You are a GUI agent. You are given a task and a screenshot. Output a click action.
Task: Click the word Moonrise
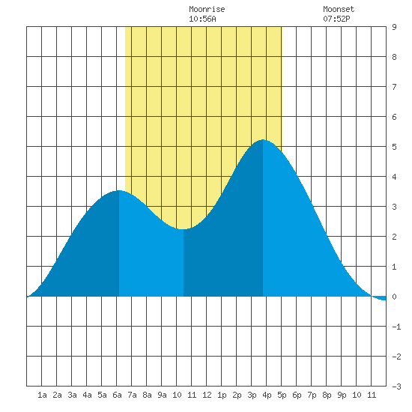coord(207,9)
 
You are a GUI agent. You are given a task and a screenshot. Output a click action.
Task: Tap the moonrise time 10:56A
coord(202,19)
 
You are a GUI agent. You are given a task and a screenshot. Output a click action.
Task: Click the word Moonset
coord(339,9)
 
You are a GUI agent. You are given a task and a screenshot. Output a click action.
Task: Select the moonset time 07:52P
coord(336,19)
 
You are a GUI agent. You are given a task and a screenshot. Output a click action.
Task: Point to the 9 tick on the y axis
coord(394,27)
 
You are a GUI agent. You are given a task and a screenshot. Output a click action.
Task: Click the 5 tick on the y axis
coord(394,147)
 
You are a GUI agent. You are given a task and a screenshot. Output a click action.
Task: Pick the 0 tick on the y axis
coord(394,297)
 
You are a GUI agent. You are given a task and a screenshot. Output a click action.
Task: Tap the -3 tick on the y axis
coord(396,387)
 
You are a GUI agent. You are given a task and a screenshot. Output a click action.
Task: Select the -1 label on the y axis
coord(396,327)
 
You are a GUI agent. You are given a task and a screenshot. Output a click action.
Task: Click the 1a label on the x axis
coord(42,395)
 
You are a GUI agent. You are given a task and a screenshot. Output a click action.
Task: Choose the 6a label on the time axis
coord(117,395)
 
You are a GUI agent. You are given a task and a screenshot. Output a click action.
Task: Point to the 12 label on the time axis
coord(207,395)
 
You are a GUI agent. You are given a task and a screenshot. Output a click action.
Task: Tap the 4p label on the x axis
coord(267,395)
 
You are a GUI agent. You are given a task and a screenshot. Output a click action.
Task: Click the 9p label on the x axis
coord(342,395)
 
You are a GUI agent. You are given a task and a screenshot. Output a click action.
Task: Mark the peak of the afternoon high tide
coord(263,140)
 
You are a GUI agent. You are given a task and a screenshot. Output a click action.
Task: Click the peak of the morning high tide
coord(119,190)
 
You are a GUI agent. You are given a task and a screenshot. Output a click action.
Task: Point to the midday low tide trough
coord(183,229)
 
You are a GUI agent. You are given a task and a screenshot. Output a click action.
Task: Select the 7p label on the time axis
coord(312,395)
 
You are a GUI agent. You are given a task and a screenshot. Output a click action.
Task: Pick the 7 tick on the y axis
coord(394,87)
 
